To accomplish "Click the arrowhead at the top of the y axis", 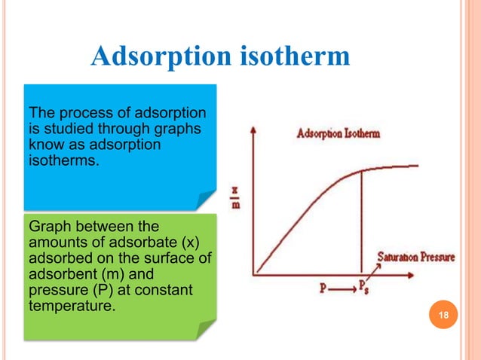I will click(x=255, y=130).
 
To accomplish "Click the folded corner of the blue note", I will click(x=206, y=200).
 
